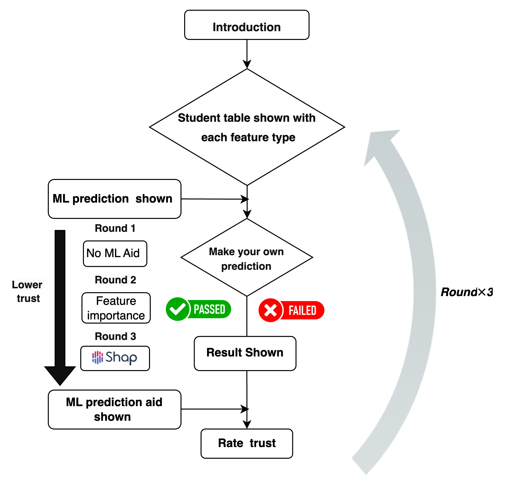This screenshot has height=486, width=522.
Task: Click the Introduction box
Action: click(247, 25)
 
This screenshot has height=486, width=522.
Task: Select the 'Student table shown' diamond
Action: click(247, 127)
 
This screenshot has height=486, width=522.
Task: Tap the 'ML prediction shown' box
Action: click(114, 199)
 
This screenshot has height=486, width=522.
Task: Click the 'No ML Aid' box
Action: click(115, 253)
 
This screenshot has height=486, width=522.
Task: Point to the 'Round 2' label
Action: click(116, 280)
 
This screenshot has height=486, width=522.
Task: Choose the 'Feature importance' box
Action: click(116, 308)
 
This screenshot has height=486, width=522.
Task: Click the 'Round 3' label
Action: click(116, 336)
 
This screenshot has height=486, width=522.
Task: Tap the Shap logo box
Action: click(115, 358)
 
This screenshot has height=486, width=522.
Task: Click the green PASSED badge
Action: click(199, 310)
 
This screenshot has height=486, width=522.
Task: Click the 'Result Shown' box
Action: click(245, 353)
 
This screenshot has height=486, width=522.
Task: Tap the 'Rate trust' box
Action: click(247, 443)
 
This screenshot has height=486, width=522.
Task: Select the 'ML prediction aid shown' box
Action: click(114, 410)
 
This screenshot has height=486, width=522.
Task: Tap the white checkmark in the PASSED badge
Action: click(178, 309)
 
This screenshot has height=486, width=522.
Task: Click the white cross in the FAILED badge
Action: click(271, 310)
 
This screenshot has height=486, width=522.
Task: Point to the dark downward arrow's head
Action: click(60, 375)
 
